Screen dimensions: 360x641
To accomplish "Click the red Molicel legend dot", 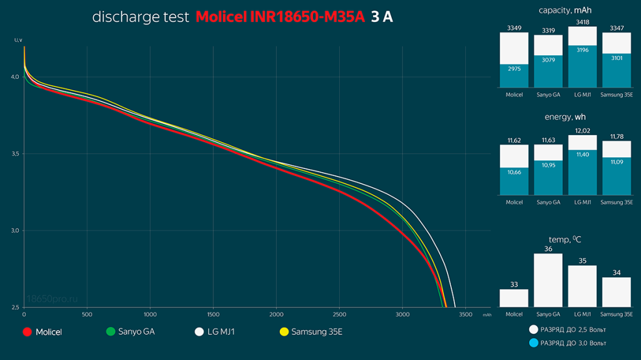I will click(27, 332).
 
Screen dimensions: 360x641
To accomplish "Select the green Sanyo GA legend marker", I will click(111, 332).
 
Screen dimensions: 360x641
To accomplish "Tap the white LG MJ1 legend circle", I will click(200, 332).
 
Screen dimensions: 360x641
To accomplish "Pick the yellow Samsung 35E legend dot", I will click(284, 332).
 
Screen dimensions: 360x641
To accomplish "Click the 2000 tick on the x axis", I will click(276, 314).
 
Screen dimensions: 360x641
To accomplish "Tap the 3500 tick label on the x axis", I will click(466, 314).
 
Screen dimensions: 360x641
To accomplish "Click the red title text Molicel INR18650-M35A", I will click(280, 17).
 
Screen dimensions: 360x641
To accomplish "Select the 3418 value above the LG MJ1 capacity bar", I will click(582, 22).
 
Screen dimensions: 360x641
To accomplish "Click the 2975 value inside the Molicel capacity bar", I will click(514, 68).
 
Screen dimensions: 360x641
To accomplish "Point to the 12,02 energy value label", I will click(582, 131).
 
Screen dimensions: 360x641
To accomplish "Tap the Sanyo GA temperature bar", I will click(548, 280).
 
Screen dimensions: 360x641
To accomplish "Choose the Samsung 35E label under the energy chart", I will click(617, 202).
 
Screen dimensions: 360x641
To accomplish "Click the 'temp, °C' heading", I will click(565, 239).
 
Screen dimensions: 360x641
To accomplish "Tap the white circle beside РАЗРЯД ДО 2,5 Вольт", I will click(533, 329).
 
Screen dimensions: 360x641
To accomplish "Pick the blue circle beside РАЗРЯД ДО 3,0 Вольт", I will click(533, 343).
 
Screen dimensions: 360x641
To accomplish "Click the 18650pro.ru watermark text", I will click(54, 300).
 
